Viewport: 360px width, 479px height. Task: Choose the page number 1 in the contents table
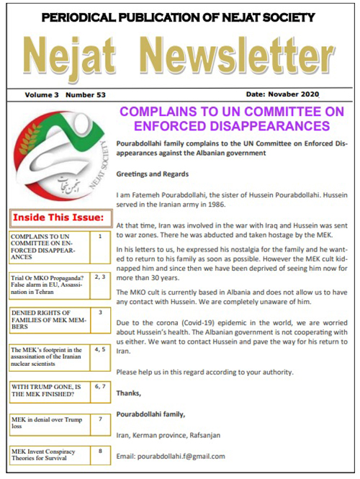tap(99, 236)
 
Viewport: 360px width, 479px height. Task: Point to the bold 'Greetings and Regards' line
tap(153, 174)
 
